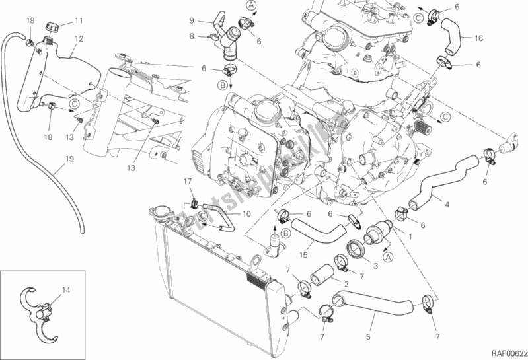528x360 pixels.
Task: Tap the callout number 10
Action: (245, 214)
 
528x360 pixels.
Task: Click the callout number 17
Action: (187, 181)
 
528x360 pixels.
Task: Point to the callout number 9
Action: (192, 20)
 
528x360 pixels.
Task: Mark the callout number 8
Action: (192, 36)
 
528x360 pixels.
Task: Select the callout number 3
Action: (375, 266)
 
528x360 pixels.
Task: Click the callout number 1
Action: (413, 236)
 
